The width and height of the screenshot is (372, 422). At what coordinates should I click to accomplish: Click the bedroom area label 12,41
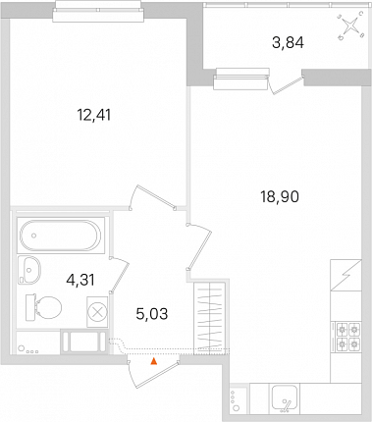[94, 115]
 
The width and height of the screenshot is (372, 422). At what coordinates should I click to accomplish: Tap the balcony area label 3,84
[288, 42]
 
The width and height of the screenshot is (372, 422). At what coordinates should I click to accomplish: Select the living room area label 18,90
[280, 197]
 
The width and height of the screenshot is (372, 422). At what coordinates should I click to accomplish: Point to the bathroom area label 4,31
[80, 280]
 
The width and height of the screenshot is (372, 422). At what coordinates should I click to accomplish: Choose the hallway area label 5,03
[152, 314]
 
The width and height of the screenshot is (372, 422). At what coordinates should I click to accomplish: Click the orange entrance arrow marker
[153, 361]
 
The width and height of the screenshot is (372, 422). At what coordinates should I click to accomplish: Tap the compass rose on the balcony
[351, 26]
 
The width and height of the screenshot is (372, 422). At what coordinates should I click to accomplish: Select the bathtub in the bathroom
[61, 236]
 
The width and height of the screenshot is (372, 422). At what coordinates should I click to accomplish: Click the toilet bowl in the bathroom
[43, 308]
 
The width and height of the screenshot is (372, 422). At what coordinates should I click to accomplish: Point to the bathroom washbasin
[29, 270]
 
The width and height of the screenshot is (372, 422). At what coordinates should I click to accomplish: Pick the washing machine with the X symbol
[97, 312]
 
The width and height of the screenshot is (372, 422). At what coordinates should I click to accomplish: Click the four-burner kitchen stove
[346, 337]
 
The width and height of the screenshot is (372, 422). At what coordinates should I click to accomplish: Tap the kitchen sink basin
[285, 397]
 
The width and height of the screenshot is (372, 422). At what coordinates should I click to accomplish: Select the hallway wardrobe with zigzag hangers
[209, 316]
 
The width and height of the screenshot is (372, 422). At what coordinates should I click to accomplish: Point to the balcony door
[286, 85]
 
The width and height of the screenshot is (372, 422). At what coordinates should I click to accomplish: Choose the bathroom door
[119, 274]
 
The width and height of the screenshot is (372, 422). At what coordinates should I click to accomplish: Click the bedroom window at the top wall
[98, 11]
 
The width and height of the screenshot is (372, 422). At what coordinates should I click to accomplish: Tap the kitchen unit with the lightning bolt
[345, 275]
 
